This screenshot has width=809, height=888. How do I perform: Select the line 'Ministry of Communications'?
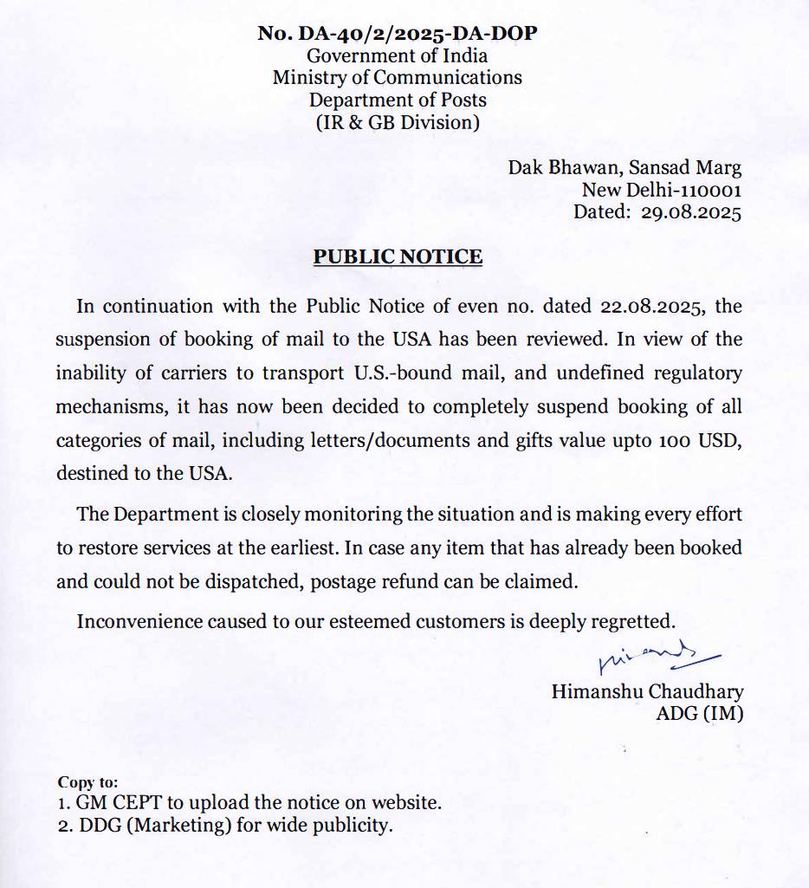click(398, 77)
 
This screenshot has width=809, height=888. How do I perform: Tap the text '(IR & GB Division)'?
click(398, 122)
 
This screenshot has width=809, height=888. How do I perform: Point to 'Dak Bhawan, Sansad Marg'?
click(625, 167)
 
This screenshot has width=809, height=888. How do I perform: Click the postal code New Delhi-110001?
click(661, 189)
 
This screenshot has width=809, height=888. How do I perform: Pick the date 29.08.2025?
click(691, 211)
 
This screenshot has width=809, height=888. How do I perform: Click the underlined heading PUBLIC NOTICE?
click(398, 256)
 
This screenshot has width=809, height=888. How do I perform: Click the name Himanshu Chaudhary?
click(647, 691)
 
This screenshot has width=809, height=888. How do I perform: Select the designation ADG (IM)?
click(700, 714)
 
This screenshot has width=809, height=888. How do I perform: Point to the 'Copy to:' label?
click(87, 782)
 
